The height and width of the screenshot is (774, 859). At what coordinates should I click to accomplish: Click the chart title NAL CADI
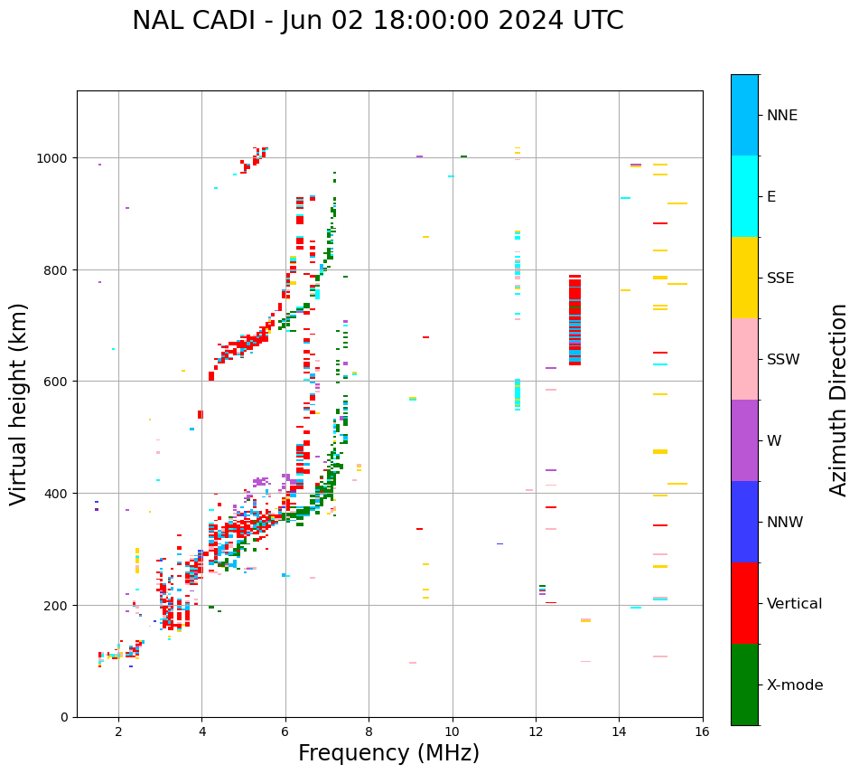pos(378,21)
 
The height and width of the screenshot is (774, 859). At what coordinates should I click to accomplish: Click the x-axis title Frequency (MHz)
pos(388,753)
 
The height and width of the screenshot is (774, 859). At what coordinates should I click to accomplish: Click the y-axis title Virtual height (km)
pos(19,403)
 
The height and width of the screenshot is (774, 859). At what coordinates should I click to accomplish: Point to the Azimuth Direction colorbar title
pos(839,400)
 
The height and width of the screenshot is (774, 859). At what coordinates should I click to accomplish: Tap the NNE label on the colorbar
pos(782,116)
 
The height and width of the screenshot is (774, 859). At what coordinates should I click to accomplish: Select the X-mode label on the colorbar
pos(795,685)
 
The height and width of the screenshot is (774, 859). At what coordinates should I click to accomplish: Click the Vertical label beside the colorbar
pos(795,604)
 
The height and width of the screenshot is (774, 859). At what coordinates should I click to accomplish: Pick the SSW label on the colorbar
pos(783,360)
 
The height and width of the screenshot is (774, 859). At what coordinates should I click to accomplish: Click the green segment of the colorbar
pos(744,684)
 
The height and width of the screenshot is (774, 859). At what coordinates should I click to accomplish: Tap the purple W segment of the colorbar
pos(744,440)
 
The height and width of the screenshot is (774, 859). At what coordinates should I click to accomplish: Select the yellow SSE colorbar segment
pos(744,278)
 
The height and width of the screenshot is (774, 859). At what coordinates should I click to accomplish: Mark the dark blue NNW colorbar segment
pos(744,522)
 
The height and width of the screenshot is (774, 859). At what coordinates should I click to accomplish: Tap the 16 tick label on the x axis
pos(703,732)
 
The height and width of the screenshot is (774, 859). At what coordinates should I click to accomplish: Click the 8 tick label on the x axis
pos(369,732)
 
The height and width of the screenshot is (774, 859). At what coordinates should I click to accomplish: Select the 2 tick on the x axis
pos(118,732)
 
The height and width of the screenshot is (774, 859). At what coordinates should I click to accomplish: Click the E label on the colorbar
pos(771,197)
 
